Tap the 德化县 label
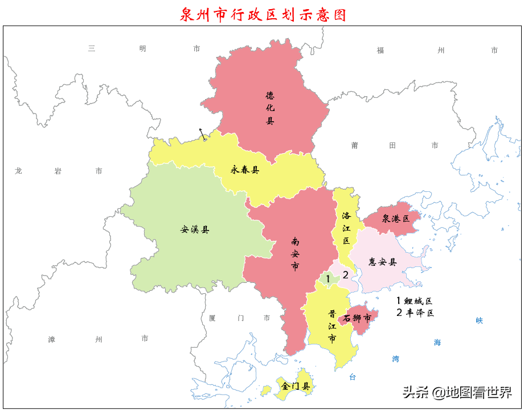coord(270,108)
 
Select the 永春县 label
coord(245,170)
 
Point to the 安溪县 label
coord(195,230)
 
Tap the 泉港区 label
coord(396,219)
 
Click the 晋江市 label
coord(332,326)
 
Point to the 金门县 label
coord(296,386)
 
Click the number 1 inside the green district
coord(328,278)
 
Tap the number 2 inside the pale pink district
coord(345,274)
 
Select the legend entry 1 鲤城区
coord(415,301)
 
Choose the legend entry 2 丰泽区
coord(415,313)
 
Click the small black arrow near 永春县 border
coord(202,134)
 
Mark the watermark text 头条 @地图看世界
coord(457,392)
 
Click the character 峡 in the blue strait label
coord(479,320)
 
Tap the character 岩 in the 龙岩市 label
coord(58,171)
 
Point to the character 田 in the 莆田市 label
coord(392,146)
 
